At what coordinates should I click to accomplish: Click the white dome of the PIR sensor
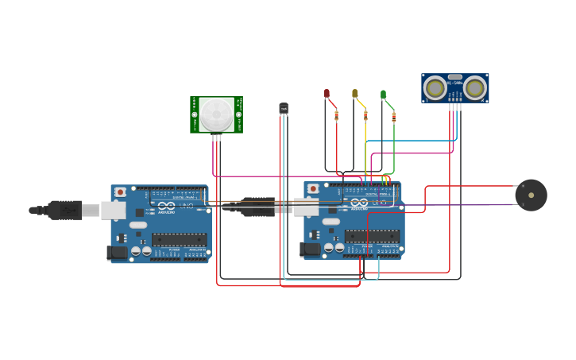(x=216, y=114)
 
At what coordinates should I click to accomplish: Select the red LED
(x=327, y=94)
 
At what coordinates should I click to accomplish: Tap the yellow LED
(x=355, y=94)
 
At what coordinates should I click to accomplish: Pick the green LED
(x=383, y=95)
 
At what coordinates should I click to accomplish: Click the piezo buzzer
(x=531, y=195)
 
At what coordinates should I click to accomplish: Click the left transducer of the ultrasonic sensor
(x=435, y=87)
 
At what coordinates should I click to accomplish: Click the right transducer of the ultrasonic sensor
(x=475, y=87)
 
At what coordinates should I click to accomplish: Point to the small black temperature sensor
(x=284, y=108)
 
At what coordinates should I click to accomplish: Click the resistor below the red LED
(x=336, y=116)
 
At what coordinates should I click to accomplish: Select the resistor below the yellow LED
(x=365, y=116)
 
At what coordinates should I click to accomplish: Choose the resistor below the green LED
(x=393, y=117)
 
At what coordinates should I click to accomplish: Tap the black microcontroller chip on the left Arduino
(x=179, y=238)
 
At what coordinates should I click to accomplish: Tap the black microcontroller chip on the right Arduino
(x=372, y=235)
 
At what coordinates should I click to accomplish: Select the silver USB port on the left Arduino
(x=114, y=210)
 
